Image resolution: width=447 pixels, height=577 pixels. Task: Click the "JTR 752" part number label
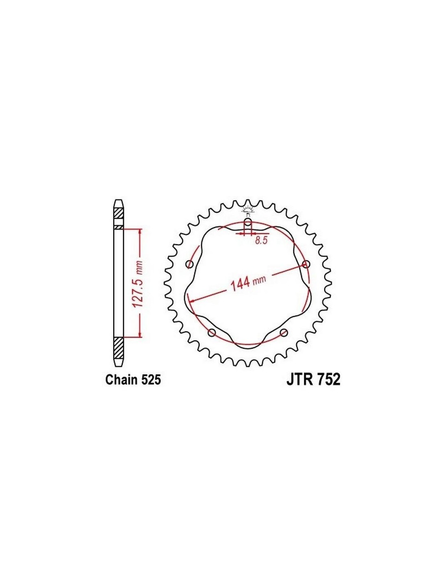tap(313, 380)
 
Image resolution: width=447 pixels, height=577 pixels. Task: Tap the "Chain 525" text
tap(133, 380)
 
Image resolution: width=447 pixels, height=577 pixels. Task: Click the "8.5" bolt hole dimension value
tap(260, 241)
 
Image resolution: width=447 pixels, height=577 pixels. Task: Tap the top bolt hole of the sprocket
tap(248, 222)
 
